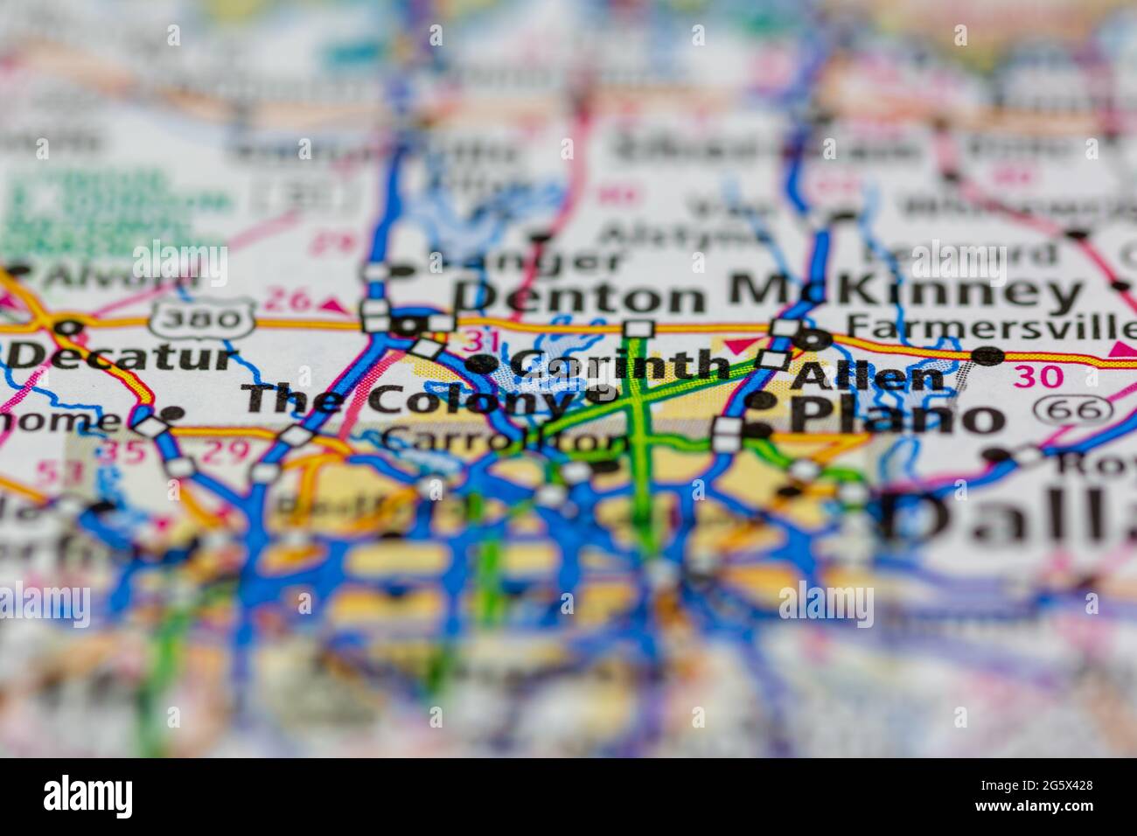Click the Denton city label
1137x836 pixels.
click(579, 296)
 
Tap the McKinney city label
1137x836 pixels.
click(905, 291)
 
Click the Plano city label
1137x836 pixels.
click(896, 417)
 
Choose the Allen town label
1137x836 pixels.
click(867, 377)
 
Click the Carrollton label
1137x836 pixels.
click(506, 440)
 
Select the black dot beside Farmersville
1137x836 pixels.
click(988, 355)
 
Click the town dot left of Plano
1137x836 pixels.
click(758, 429)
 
